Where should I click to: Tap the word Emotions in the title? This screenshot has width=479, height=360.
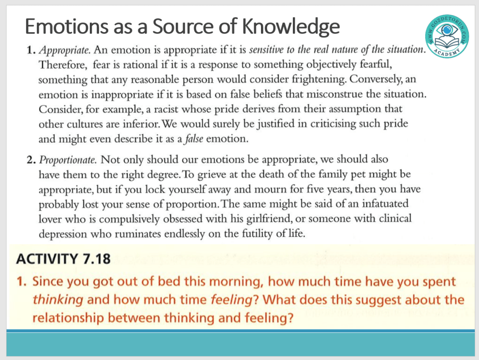point(66,26)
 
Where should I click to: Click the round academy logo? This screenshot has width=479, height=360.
point(447,36)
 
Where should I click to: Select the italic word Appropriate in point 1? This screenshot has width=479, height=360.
point(65,50)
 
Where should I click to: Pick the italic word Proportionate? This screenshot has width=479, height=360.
point(68,160)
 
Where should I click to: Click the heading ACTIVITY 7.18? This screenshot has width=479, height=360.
point(63,259)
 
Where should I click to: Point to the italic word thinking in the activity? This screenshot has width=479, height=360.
point(58,300)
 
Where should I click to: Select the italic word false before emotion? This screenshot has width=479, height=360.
point(194,139)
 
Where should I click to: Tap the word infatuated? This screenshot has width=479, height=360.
point(385,204)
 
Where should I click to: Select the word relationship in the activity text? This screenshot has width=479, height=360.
point(68,318)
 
